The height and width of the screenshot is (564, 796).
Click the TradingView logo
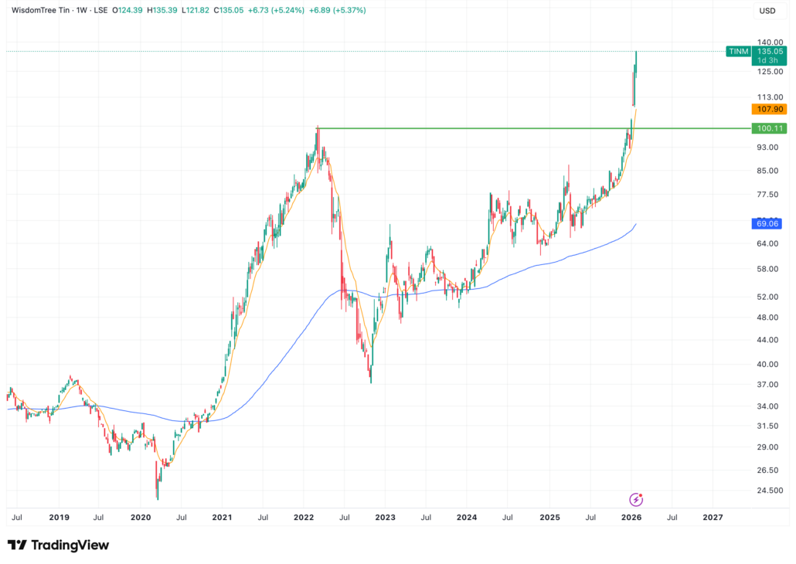[x=58, y=545]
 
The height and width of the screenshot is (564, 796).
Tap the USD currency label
[x=767, y=11]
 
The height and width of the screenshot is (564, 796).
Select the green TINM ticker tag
[x=737, y=51]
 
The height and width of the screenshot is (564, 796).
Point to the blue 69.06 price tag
[x=767, y=224]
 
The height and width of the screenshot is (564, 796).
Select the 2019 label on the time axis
[x=59, y=517]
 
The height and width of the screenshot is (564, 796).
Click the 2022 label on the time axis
[x=303, y=517]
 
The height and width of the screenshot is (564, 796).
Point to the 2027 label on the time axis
[x=713, y=517]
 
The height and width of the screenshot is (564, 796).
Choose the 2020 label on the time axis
[x=140, y=517]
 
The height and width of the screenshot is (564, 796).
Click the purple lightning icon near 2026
[x=636, y=499]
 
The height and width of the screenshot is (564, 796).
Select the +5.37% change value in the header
[x=350, y=11]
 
